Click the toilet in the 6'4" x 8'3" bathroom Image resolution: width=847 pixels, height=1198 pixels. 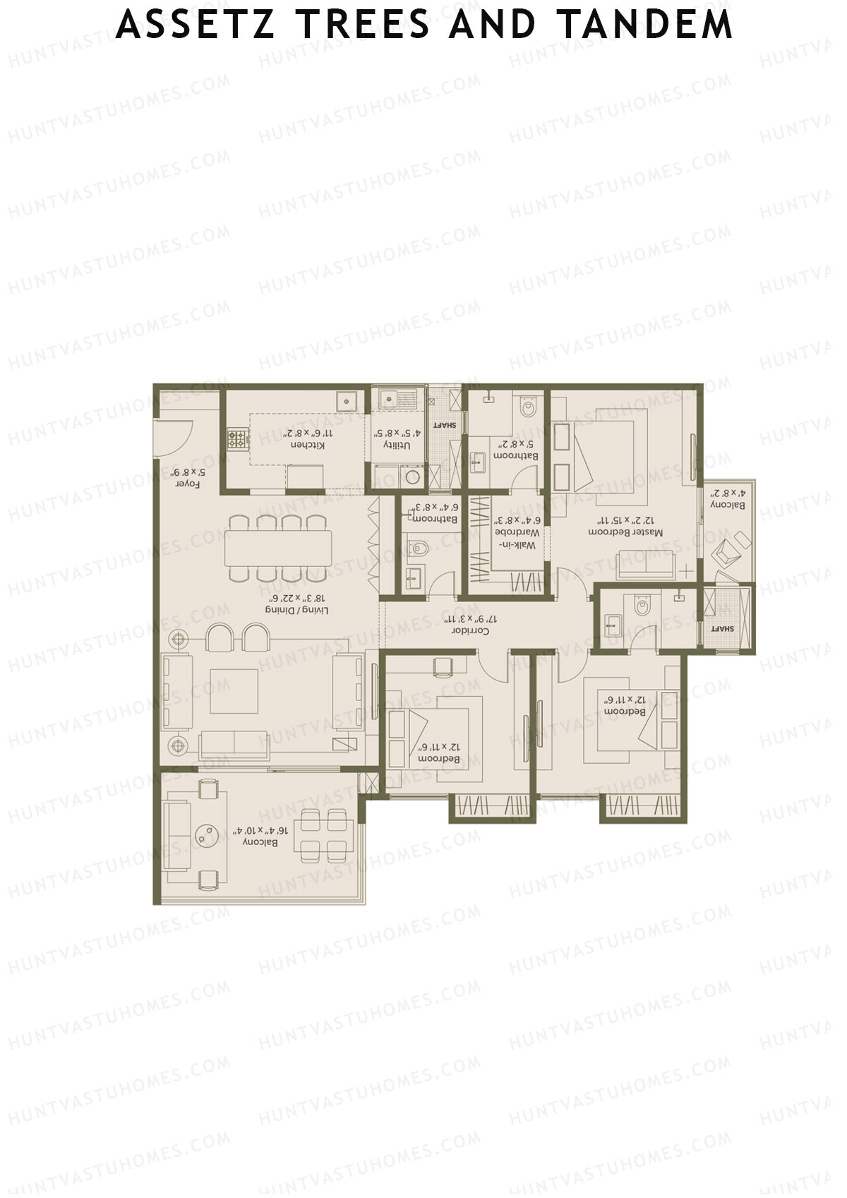coord(419,549)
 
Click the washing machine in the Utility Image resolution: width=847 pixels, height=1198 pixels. coord(414,477)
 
